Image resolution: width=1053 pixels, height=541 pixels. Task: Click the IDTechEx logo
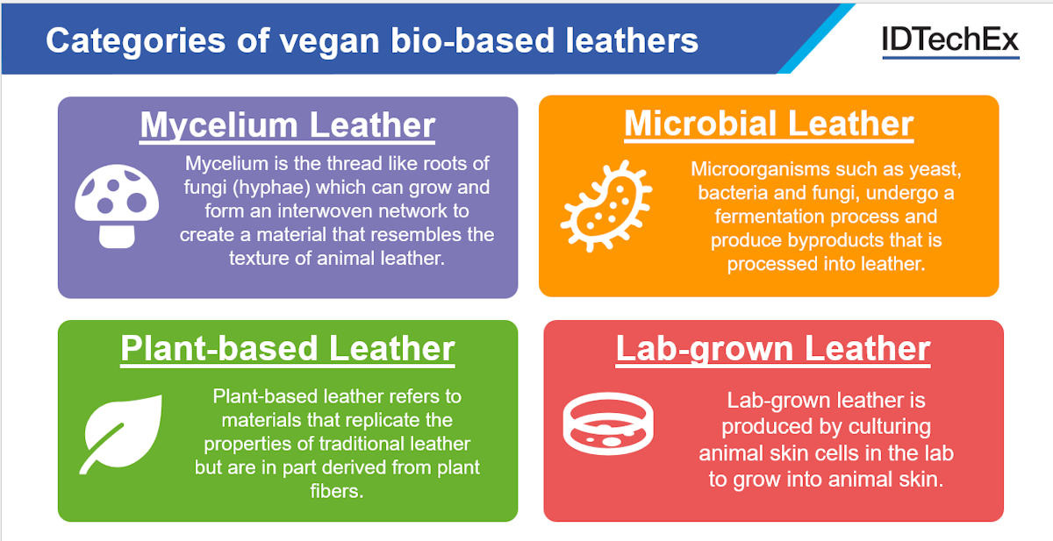pos(950,41)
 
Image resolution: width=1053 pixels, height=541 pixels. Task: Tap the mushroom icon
pos(117,206)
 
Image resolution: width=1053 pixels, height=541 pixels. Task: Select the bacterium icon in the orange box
pos(606,206)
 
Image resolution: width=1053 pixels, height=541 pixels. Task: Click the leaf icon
pos(121,434)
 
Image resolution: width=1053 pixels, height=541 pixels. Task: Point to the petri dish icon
pos(608,424)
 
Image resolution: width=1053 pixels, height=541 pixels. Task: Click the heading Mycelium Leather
pos(288,125)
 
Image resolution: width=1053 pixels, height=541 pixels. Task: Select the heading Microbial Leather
pos(769,124)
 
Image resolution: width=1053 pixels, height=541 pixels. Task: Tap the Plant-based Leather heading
pos(288,349)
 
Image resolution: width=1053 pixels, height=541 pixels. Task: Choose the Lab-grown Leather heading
pos(773,349)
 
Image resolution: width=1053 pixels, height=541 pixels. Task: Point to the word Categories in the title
pos(135,41)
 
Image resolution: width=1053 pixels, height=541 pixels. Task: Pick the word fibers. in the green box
pos(337,491)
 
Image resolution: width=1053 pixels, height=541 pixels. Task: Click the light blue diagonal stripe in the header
pos(815,39)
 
